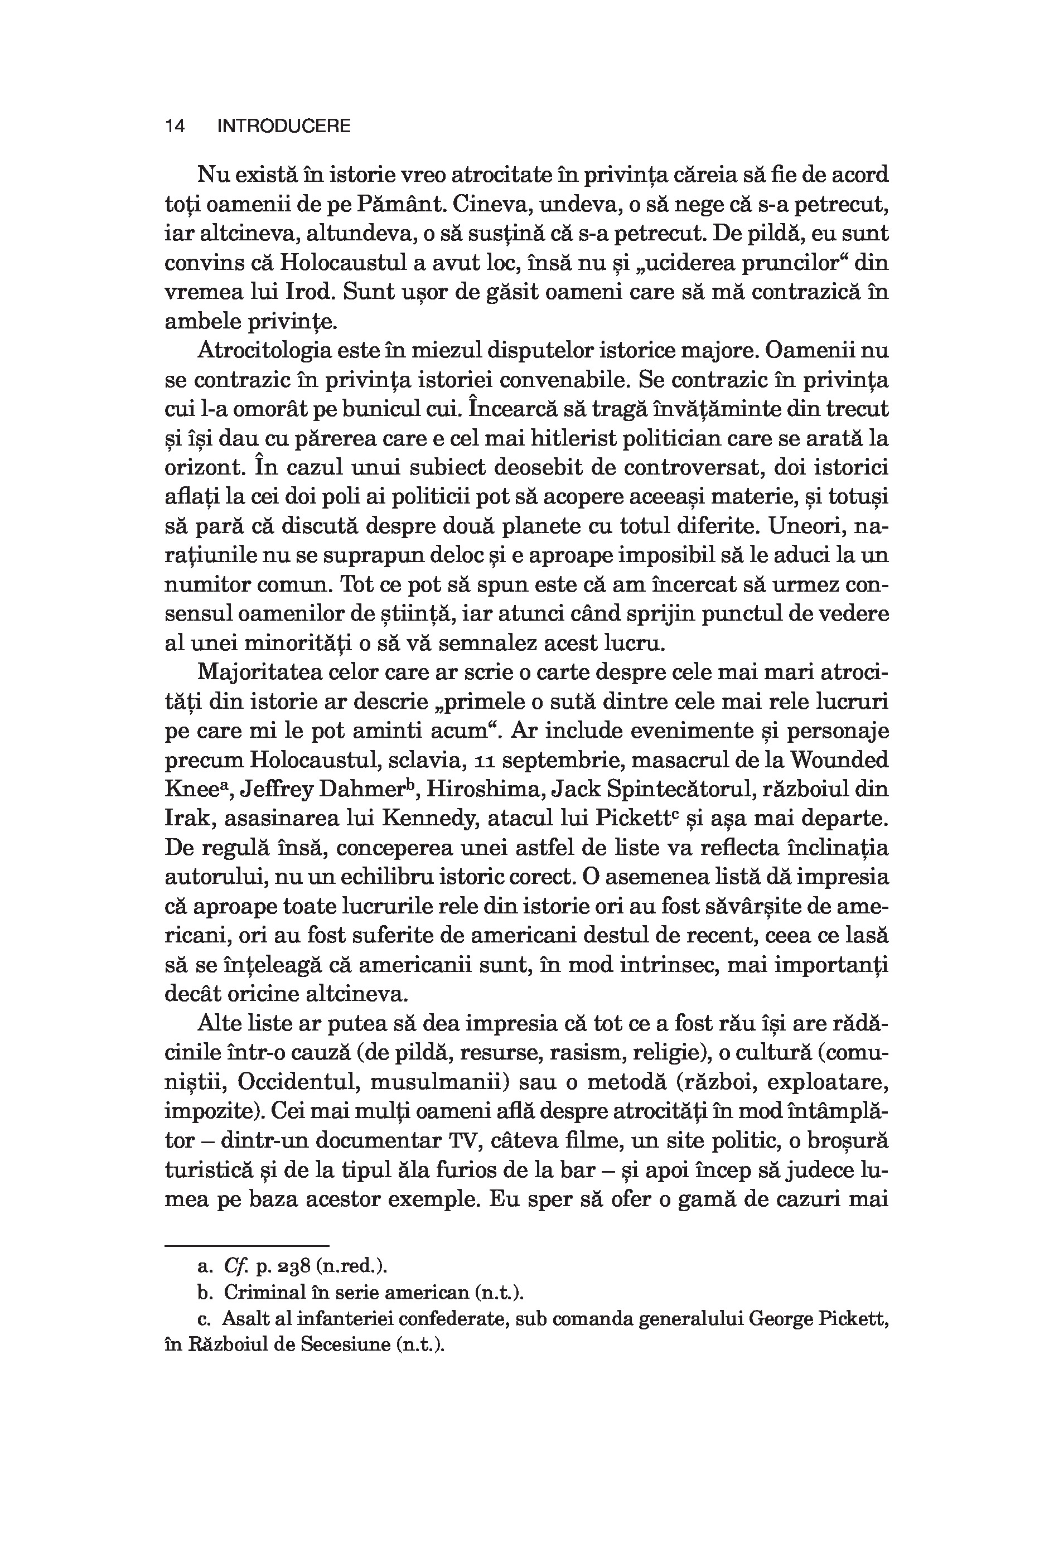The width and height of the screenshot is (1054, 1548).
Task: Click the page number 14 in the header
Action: [175, 126]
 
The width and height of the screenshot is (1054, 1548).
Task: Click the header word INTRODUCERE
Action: [284, 126]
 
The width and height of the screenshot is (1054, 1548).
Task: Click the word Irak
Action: [185, 819]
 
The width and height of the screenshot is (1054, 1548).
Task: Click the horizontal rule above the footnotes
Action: [247, 1246]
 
